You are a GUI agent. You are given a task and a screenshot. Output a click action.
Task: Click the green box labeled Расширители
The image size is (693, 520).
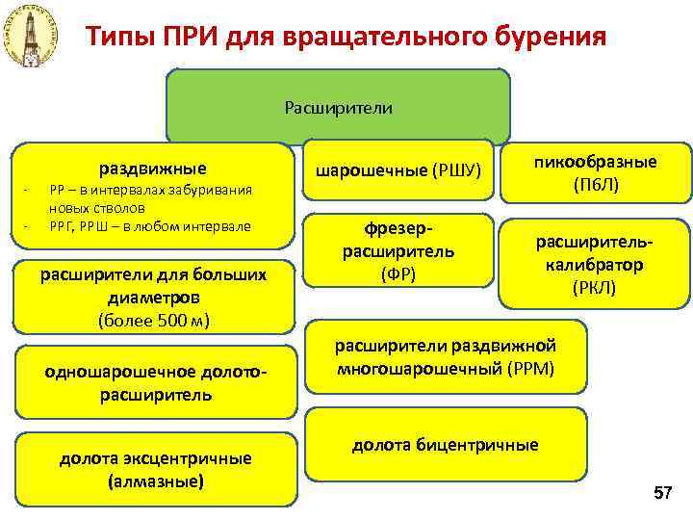point(338,107)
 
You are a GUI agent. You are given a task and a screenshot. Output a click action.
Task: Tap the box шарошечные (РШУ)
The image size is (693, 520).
point(400,171)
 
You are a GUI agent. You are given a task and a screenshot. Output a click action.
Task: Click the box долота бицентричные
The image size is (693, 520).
point(445,445)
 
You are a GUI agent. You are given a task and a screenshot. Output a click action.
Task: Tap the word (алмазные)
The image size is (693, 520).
point(156,479)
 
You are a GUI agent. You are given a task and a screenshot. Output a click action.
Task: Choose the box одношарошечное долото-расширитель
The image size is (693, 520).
point(156,383)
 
